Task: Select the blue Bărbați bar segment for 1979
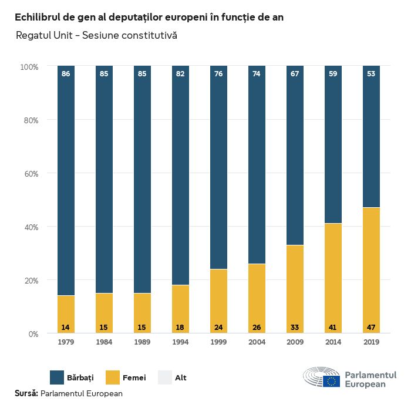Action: [66, 182]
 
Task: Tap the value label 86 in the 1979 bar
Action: [66, 74]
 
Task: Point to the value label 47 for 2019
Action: [371, 326]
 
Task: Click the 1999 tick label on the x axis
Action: [218, 342]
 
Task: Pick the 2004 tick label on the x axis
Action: [257, 342]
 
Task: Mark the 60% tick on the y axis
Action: [30, 174]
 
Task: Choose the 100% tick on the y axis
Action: [29, 67]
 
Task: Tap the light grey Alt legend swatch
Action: [165, 377]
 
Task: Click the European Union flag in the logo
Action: [332, 381]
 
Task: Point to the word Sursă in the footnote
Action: [26, 393]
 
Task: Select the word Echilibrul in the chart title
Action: [39, 17]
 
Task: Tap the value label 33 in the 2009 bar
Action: [295, 326]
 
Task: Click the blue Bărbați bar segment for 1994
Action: [180, 176]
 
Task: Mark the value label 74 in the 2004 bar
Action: [257, 74]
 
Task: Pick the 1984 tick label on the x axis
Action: [104, 342]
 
